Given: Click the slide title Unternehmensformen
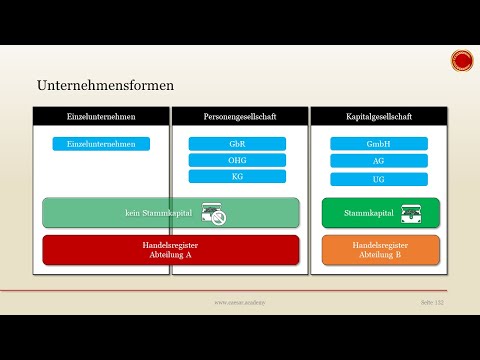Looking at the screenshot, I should click(100, 87).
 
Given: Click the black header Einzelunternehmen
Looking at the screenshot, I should click(101, 117).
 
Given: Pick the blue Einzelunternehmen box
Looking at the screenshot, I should click(101, 144).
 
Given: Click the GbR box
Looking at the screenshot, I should click(237, 144).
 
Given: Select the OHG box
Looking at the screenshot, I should click(237, 160).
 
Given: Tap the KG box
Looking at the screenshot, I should click(237, 176).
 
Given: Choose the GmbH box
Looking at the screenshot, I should click(378, 144).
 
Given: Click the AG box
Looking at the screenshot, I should click(378, 160).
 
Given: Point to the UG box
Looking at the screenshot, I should click(378, 179).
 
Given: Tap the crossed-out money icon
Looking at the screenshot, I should click(213, 213).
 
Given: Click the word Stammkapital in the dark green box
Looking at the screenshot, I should click(367, 214).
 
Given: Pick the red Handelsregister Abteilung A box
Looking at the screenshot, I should click(170, 249).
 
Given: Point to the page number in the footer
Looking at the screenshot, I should click(431, 301).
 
